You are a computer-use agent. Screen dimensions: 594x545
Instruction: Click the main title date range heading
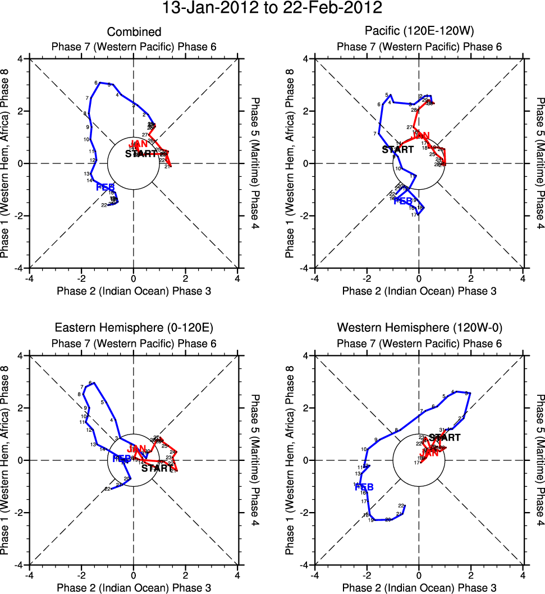tap(272, 8)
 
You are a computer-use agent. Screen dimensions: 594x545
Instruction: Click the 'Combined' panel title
tap(134, 32)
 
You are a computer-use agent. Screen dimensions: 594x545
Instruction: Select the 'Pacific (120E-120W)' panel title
tap(419, 32)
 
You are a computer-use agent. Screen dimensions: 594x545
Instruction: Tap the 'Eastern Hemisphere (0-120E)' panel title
tap(134, 328)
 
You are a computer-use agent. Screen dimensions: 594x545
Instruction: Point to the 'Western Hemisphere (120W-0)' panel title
tap(419, 328)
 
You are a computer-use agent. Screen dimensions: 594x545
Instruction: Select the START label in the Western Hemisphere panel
tap(445, 437)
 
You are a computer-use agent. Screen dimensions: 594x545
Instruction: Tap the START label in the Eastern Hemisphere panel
tap(157, 468)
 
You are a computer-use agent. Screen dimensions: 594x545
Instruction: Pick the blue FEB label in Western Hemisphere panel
tap(364, 487)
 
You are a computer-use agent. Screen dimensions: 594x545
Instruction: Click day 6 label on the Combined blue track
tap(96, 83)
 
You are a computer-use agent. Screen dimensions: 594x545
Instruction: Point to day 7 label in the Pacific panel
tap(374, 134)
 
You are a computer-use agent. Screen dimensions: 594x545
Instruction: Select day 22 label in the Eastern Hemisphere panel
tap(107, 489)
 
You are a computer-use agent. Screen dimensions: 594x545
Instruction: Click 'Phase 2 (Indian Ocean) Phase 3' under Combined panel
tap(134, 290)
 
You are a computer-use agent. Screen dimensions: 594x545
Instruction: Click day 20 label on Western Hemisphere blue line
tap(387, 520)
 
